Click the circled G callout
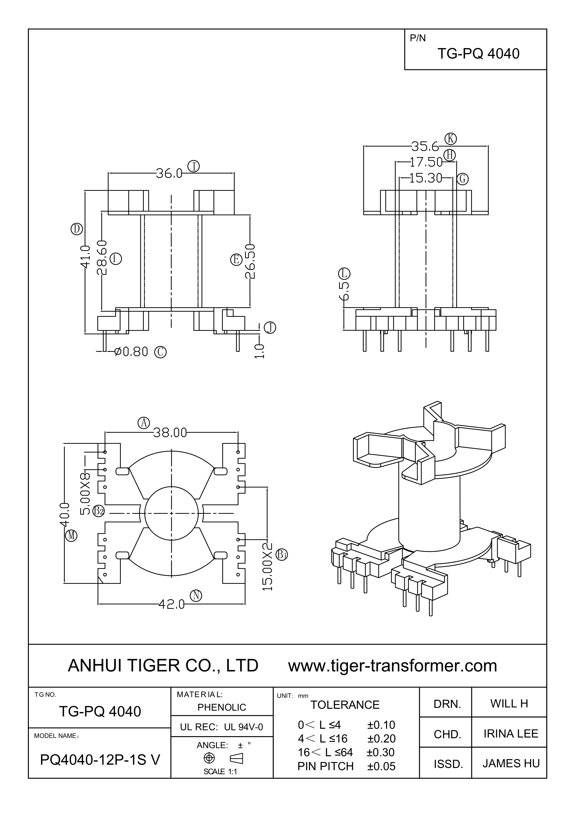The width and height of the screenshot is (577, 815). pos(462,179)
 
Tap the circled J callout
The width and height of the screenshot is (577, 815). pos(270,328)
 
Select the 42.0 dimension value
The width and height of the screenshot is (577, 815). pos(172,604)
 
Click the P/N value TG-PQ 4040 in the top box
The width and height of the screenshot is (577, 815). pos(478,53)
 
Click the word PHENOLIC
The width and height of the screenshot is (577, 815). pos(222,708)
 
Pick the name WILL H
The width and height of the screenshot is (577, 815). pos(509,704)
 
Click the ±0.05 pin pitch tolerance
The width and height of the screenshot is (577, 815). pos(381,766)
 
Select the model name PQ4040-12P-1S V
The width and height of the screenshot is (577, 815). pos(100,760)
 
